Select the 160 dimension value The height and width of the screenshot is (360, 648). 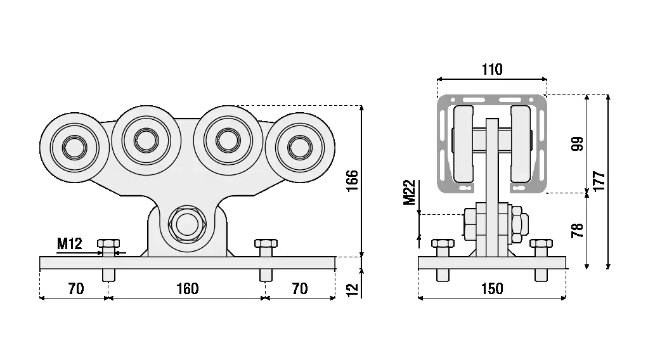(187, 289)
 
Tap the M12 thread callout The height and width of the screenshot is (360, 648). (69, 243)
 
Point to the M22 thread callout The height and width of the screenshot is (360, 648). (410, 193)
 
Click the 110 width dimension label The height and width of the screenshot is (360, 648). (492, 70)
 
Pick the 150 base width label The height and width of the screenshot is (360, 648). (492, 289)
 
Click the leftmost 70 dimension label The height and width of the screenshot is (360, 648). (75, 289)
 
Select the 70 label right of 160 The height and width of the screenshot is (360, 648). (299, 289)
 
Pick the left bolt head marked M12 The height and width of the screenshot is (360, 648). (108, 243)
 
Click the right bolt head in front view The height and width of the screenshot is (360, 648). (266, 243)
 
